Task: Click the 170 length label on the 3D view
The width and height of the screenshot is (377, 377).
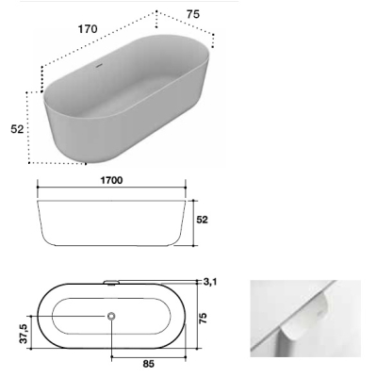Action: pos(88,29)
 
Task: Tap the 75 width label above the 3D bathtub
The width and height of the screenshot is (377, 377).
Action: pos(193,14)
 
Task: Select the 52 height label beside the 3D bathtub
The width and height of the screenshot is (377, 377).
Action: pos(17,129)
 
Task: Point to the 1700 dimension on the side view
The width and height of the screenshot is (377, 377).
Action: pos(111,180)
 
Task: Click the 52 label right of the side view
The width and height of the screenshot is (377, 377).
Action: pos(202,220)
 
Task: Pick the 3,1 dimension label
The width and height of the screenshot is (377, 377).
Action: pos(210,282)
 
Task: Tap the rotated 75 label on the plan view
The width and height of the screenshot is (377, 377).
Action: pos(204,319)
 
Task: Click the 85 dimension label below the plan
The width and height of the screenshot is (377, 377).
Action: pos(148,364)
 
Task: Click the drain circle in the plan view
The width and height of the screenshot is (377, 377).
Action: pos(111,316)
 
